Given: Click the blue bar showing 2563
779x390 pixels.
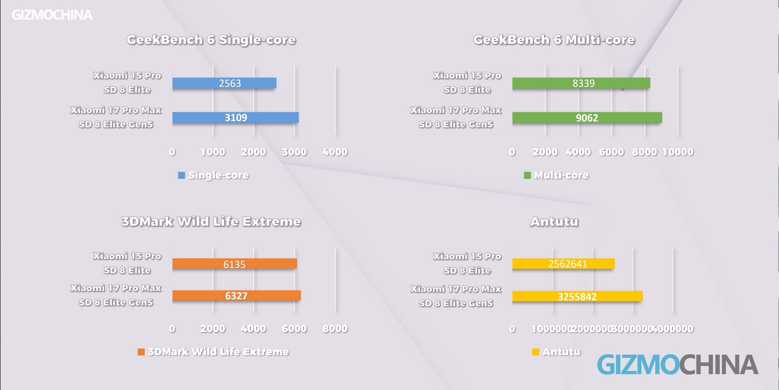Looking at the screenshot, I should tap(224, 83).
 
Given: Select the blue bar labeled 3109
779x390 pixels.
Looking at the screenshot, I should tap(235, 118).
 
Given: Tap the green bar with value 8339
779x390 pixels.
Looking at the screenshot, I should tap(581, 83).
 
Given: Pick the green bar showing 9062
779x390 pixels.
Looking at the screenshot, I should tap(587, 118).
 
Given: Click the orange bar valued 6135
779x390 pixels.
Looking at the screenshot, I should tap(235, 264).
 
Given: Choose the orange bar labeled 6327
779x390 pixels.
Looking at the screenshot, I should tap(236, 296).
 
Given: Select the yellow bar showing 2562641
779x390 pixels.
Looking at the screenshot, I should tap(563, 264).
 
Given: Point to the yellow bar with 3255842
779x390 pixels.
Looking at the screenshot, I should tap(577, 297).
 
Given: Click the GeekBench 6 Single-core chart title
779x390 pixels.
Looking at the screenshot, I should tap(211, 40).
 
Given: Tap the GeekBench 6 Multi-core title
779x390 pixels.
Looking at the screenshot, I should tap(554, 40).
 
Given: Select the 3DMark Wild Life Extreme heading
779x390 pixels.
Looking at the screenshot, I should tap(211, 222).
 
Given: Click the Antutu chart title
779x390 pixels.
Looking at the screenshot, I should tap(554, 222).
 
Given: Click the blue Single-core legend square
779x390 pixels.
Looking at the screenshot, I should tap(181, 175).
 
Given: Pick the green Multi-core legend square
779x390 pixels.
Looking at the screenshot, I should tap(527, 175).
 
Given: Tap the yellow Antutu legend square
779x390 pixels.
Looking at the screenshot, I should tap(536, 352).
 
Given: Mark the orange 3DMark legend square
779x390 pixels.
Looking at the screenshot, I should tap(141, 352).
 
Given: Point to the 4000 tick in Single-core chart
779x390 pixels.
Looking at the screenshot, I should tap(335, 152).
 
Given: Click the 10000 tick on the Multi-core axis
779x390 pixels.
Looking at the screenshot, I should tap(678, 152).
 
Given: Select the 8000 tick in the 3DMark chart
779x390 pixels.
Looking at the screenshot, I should tap(335, 329).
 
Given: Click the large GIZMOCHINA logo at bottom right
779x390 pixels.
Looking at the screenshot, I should tap(678, 364).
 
